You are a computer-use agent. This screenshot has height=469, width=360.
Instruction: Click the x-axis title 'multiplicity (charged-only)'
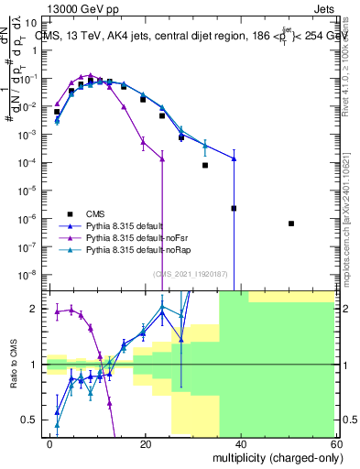coord(272,457)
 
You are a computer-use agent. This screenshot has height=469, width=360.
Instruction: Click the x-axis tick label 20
coord(145,443)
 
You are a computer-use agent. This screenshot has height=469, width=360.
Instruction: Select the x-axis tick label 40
coord(240,443)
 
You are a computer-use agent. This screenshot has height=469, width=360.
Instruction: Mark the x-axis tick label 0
coord(50,443)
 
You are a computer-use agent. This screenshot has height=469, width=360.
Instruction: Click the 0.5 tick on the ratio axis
coord(32,420)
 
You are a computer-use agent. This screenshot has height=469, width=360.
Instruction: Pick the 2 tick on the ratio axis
coord(36,309)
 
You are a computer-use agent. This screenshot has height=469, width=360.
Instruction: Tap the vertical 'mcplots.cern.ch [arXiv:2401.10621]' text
coord(351,220)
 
